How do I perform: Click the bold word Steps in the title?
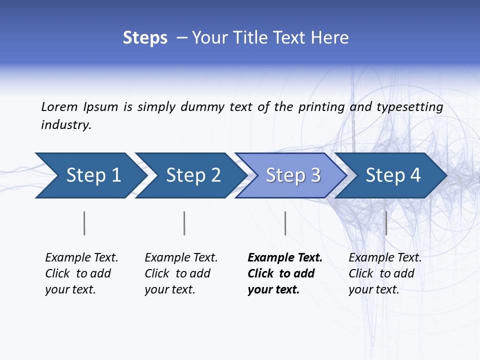coord(145,38)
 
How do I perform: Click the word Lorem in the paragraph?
coord(59,107)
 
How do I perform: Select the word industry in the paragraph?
coord(66,125)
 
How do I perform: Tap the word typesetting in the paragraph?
coord(409,107)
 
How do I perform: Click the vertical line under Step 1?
coord(84,223)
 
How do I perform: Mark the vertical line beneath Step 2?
coord(184,223)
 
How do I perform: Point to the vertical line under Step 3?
coord(285,223)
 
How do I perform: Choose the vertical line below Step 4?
coord(386,223)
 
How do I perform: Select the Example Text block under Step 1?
coord(81,273)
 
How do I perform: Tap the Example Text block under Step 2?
coord(181,273)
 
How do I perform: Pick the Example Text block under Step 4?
coord(385,273)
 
